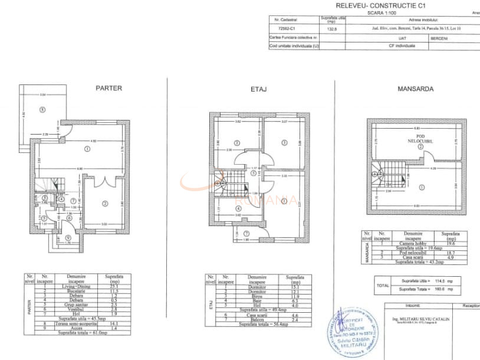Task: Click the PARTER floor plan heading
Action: pos(109,88)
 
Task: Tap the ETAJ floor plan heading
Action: pos(259,90)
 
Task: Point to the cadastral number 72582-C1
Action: pos(288,27)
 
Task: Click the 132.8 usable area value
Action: pos(331,27)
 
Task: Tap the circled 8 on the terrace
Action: pos(42,109)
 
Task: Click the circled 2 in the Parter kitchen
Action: pos(105,204)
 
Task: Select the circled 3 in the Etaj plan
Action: pos(284,142)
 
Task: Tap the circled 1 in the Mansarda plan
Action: pos(420,187)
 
